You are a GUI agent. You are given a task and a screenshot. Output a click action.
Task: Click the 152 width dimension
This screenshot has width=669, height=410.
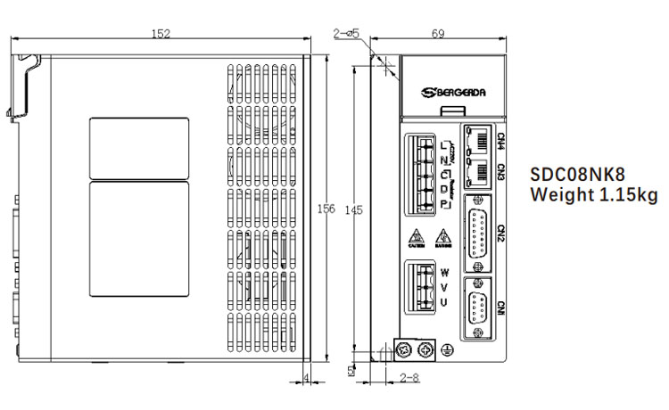click(x=161, y=34)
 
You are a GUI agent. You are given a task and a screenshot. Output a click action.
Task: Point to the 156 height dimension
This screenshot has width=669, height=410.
click(x=326, y=209)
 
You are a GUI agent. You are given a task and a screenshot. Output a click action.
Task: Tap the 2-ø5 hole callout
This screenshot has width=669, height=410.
click(x=346, y=33)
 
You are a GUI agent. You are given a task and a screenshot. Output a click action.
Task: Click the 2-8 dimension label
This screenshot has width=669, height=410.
click(x=409, y=378)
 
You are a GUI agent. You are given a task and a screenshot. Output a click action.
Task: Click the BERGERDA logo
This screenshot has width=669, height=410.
click(x=454, y=91)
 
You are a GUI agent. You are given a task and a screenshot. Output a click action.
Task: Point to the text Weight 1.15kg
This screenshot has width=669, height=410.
click(x=593, y=194)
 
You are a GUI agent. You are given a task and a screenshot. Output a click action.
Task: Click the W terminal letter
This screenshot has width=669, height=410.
click(x=444, y=272)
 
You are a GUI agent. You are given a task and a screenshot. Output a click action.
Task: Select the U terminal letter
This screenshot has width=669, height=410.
click(x=444, y=302)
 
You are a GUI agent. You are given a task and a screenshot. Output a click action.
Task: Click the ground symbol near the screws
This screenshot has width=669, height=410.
click(x=448, y=351)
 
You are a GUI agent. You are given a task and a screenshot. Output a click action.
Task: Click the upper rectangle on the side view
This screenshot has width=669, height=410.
click(x=140, y=147)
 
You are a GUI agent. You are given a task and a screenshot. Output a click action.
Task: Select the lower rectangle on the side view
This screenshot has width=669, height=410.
click(x=140, y=238)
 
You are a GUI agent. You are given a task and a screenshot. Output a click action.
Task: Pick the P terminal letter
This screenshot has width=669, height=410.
click(x=444, y=206)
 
